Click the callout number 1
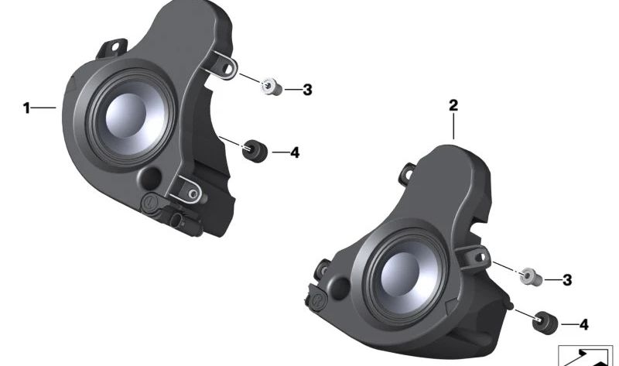click(x=26, y=108)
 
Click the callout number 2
click(x=453, y=105)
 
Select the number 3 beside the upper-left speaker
click(x=307, y=90)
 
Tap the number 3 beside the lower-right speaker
click(x=567, y=280)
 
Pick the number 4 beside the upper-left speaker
click(x=295, y=152)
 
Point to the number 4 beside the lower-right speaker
click(x=584, y=324)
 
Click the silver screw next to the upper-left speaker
click(x=272, y=87)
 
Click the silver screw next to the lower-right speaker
click(x=530, y=276)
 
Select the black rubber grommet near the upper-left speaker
click(x=255, y=151)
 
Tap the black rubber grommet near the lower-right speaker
click(x=545, y=322)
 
